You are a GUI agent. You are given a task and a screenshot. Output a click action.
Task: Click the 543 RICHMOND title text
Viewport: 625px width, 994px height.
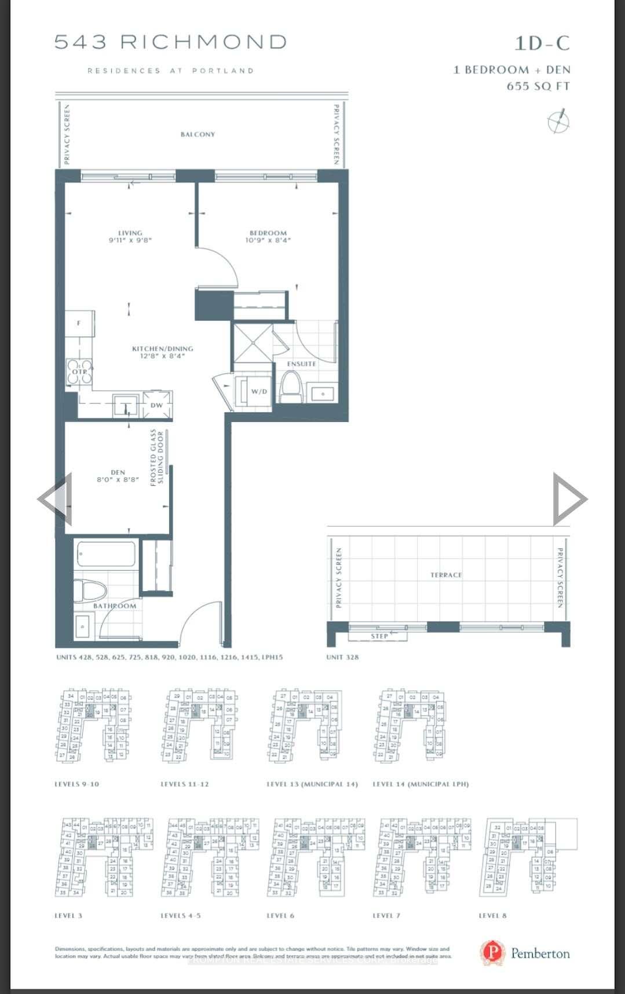tap(171, 42)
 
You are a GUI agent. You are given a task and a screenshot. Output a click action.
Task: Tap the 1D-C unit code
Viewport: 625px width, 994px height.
tap(542, 43)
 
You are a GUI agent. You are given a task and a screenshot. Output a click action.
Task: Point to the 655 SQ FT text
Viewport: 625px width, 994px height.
tap(538, 86)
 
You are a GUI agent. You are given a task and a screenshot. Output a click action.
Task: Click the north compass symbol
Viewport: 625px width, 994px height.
tap(558, 122)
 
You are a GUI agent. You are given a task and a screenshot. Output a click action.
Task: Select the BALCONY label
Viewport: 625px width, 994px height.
tap(198, 134)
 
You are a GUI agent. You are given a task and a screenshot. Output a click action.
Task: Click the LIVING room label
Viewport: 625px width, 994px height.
tap(130, 236)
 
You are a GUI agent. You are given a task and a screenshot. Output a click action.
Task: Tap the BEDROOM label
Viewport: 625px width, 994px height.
tap(268, 236)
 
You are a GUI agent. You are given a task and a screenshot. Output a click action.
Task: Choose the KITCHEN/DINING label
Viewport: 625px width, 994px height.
tap(162, 352)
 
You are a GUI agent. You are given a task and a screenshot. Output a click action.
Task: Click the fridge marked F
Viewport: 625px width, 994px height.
tap(79, 324)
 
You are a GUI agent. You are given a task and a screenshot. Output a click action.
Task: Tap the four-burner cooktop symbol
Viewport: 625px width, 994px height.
tap(79, 372)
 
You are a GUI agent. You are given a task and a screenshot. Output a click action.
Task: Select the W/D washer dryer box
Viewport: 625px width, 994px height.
tap(259, 392)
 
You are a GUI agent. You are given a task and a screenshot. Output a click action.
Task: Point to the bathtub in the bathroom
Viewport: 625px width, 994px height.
tap(106, 555)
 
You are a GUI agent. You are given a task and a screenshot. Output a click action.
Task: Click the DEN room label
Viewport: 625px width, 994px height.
tap(118, 476)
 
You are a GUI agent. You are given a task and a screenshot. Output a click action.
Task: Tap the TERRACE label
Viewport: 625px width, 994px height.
tap(446, 575)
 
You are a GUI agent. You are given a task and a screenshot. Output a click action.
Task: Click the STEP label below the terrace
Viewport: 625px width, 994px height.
tap(379, 636)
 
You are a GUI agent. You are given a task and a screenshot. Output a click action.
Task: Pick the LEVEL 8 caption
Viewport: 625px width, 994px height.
tap(492, 915)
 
